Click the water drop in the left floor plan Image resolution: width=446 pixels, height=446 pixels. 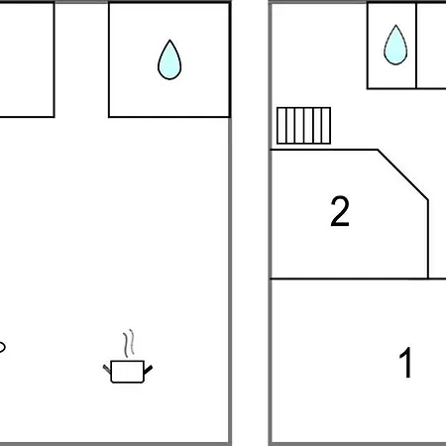point(169,61)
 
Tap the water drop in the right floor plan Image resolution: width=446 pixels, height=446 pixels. point(395,47)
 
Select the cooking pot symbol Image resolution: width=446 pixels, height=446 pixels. point(128,372)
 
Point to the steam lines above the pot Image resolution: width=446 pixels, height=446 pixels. point(129,344)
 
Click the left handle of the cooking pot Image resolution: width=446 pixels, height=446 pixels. point(107,369)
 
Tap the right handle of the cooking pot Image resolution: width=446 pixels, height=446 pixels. point(148,370)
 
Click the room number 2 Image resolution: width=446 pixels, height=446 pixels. point(340,211)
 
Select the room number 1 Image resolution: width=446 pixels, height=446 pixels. point(405,363)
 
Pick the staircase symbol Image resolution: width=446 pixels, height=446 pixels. point(303,126)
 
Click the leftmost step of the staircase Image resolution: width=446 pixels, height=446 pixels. point(281,126)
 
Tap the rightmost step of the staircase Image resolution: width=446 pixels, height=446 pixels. point(326,126)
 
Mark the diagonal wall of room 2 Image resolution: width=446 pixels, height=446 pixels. point(403,174)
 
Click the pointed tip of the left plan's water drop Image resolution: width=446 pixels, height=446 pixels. point(169,41)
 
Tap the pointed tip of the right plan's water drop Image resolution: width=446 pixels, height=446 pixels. point(395,26)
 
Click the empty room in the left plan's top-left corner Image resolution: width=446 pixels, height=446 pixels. point(27,59)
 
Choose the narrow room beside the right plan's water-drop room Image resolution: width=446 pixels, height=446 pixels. point(431,46)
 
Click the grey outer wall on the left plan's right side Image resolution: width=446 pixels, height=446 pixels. point(230,223)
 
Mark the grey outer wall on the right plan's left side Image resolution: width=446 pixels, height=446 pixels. point(271,223)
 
